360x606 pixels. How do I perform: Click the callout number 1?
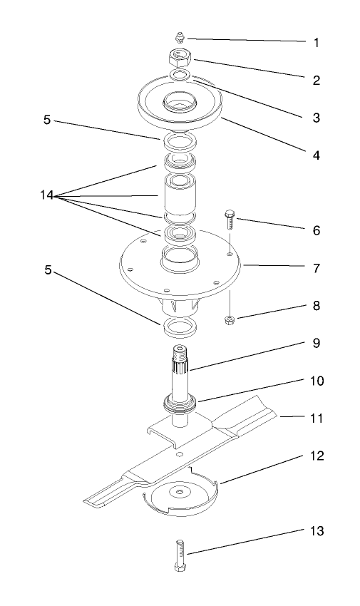316,43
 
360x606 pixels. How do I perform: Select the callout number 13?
316,531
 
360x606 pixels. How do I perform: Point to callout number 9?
316,343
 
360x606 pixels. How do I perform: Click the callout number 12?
316,455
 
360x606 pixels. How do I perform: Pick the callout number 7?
316,269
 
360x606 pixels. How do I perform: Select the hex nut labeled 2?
181,56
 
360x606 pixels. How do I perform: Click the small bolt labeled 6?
230,217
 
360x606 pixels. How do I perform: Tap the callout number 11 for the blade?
316,418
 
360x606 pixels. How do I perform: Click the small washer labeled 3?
181,75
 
